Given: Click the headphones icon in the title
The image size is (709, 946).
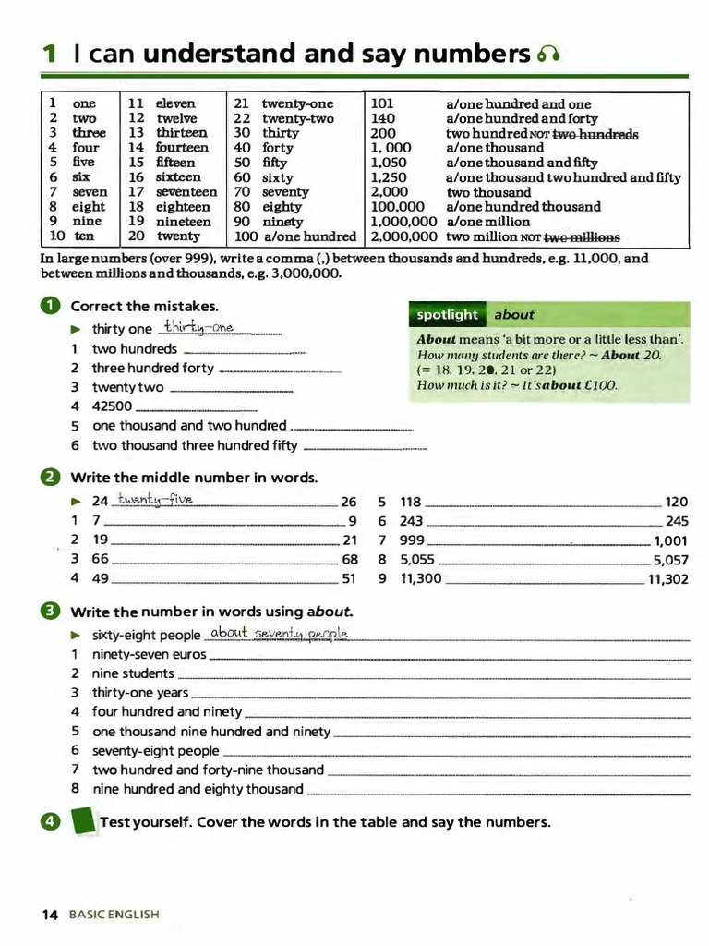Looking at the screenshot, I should point(548,56).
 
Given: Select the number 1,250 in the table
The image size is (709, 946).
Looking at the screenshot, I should point(389,177).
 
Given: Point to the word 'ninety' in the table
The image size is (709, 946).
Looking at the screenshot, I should point(282,222).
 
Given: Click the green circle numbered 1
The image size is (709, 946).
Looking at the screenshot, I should point(51,306).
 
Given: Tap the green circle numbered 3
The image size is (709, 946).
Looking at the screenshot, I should point(51,611).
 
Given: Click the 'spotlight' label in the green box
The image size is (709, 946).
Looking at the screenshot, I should point(447,315).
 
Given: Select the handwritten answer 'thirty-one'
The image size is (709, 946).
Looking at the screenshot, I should point(198,328).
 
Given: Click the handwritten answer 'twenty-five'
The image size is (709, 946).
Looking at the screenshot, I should point(155,501).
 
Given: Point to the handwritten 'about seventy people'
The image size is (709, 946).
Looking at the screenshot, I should point(278,633).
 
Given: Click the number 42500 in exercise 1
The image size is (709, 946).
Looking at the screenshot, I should point(112,406).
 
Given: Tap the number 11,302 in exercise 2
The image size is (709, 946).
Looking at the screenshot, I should point(668,579).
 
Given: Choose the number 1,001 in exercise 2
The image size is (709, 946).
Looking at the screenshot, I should point(670,541).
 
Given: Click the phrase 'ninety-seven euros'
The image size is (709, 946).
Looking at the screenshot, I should point(149,654).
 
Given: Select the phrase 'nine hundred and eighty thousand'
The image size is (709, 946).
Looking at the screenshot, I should point(198,789).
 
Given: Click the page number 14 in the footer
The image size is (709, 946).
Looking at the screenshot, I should point(50,915).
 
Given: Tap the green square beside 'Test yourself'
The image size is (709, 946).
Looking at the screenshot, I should point(83,821).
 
